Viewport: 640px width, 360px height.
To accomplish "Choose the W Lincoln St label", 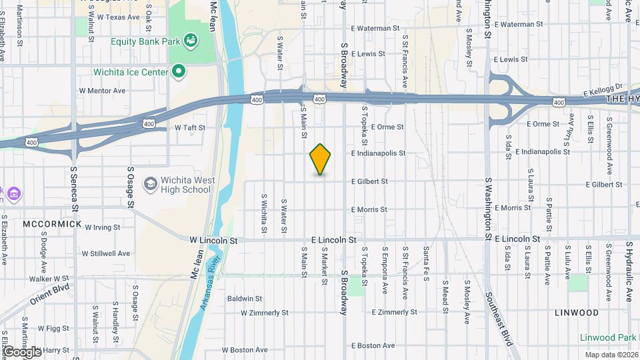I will (x=213, y=239).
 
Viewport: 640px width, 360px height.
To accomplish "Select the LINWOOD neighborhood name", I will (x=576, y=312).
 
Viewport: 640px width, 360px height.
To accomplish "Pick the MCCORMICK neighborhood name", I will (x=52, y=224).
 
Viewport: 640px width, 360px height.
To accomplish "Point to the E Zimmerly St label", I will (x=394, y=312).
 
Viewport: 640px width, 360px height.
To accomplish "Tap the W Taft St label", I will (x=189, y=127).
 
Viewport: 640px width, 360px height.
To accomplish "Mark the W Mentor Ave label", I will (x=102, y=90).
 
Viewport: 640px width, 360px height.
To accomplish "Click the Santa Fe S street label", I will (x=425, y=263).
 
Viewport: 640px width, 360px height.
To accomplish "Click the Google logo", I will (x=22, y=351).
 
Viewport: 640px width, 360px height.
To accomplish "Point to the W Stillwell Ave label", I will (x=106, y=253).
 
